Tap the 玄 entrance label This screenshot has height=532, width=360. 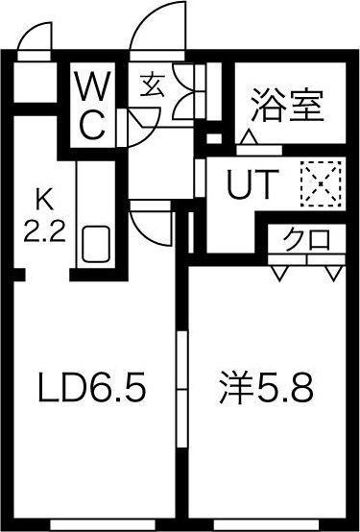pos(152,85)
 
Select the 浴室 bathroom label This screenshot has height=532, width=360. pos(285,103)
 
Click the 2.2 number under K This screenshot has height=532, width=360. pos(42,230)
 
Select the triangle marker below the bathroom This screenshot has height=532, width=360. pos(250,140)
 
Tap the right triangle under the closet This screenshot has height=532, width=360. pos(332,273)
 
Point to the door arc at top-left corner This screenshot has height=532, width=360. pos(32,38)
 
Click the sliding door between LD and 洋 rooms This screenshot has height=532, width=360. pos(180,389)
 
